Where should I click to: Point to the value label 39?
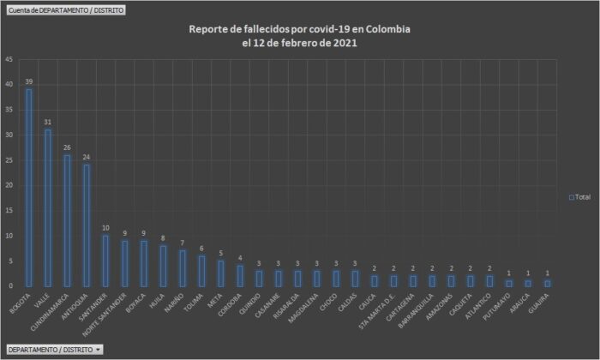click(x=29, y=81)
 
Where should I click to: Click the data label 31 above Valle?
click(x=48, y=122)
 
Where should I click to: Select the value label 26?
click(x=67, y=147)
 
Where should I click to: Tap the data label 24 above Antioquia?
click(x=86, y=157)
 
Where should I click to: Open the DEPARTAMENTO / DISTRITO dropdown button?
click(x=54, y=350)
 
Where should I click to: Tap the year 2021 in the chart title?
click(x=345, y=43)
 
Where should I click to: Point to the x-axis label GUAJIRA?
click(x=539, y=304)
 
